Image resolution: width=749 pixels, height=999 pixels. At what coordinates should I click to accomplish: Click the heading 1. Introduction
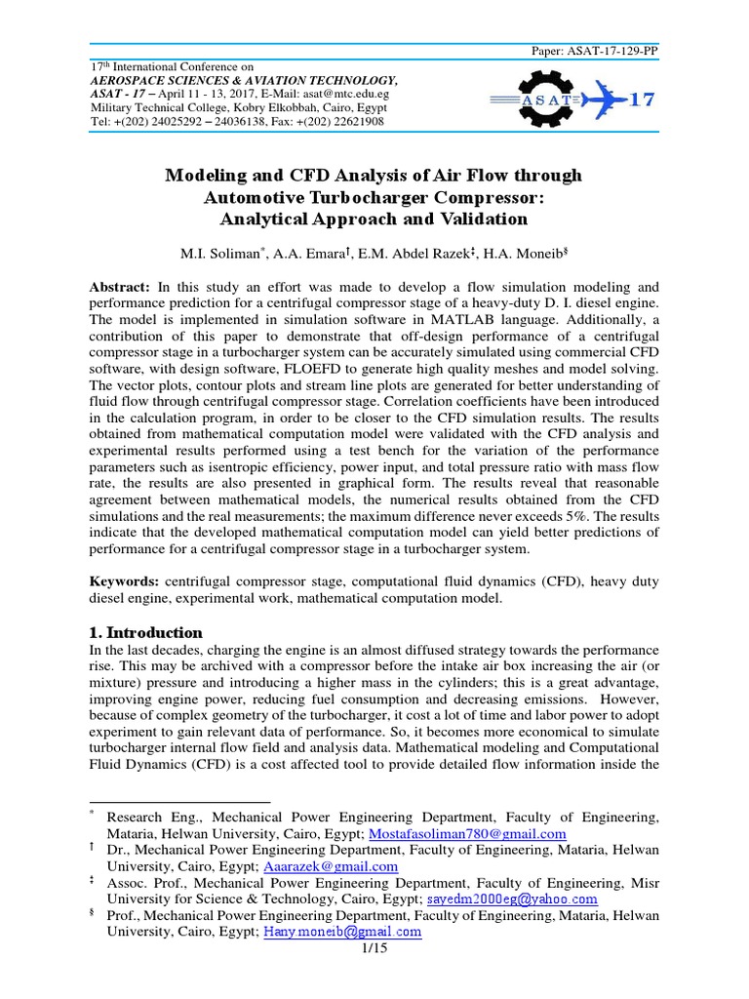pyautogui.click(x=146, y=632)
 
